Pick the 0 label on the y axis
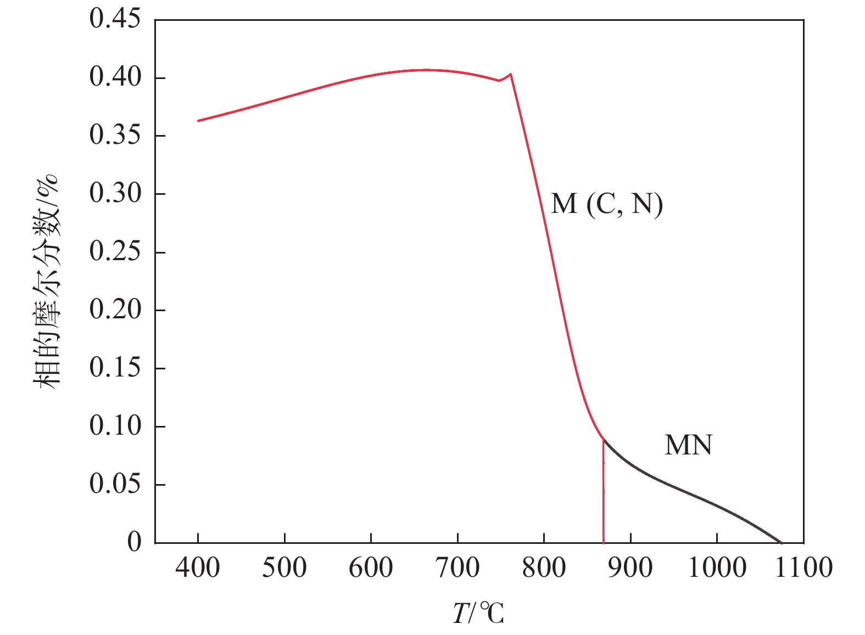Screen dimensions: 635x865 tap(134, 542)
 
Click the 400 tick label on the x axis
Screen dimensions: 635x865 tap(198, 567)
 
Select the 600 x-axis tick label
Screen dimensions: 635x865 tap(371, 567)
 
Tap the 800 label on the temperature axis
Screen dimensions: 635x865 tap(544, 567)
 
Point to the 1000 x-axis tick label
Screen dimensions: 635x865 tap(717, 567)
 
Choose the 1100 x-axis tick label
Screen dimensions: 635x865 tap(803, 567)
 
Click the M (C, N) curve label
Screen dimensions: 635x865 tap(607, 205)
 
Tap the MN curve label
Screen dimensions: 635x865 tap(688, 445)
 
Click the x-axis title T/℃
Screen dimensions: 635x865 tap(478, 613)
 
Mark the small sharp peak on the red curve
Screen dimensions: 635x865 tap(511, 74)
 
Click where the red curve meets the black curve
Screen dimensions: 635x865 tap(603, 438)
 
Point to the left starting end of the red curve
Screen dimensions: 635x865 tap(198, 121)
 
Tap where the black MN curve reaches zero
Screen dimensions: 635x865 tap(781, 542)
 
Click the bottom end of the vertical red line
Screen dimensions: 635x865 tap(604, 542)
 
